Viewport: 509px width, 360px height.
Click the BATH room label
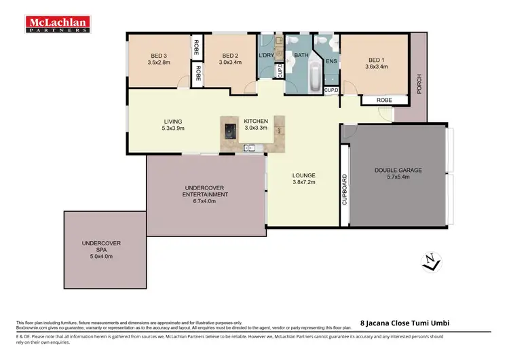(x=301, y=56)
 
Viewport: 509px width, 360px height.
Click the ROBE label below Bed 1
(x=384, y=100)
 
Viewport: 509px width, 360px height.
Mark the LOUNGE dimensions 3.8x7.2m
(x=304, y=182)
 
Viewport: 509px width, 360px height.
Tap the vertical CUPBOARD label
(x=345, y=190)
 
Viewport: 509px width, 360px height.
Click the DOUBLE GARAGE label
(x=398, y=170)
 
